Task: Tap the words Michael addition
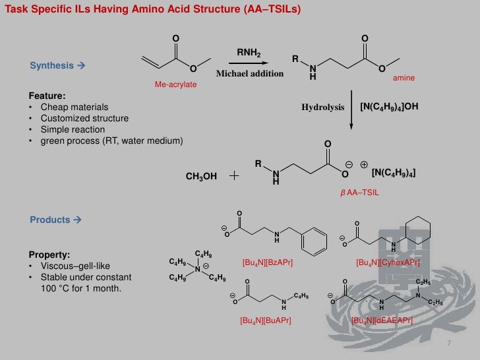pos(250,73)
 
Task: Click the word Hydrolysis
pos(323,107)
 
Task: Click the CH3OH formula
pos(202,177)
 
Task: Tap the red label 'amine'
pos(404,78)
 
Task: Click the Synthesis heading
pos(53,66)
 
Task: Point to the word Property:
pos(49,255)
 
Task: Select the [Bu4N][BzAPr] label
pos(268,262)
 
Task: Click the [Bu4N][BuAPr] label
pos(267,320)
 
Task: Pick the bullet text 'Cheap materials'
pos(75,107)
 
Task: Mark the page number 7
pos(448,344)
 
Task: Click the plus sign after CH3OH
pos(235,176)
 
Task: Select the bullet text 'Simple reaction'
pos(74,130)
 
